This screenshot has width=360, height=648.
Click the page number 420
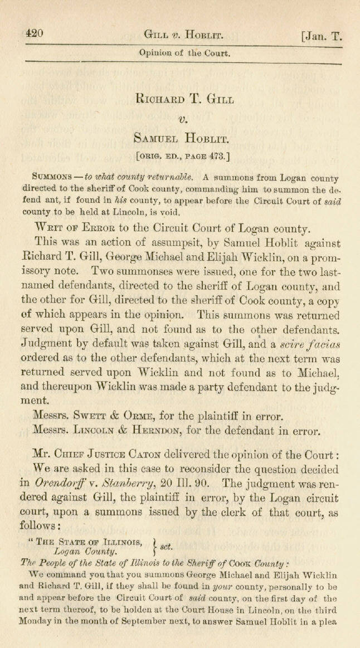(35, 33)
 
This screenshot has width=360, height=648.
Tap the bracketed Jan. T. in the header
(321, 35)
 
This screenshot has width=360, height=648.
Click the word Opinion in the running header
(158, 54)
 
